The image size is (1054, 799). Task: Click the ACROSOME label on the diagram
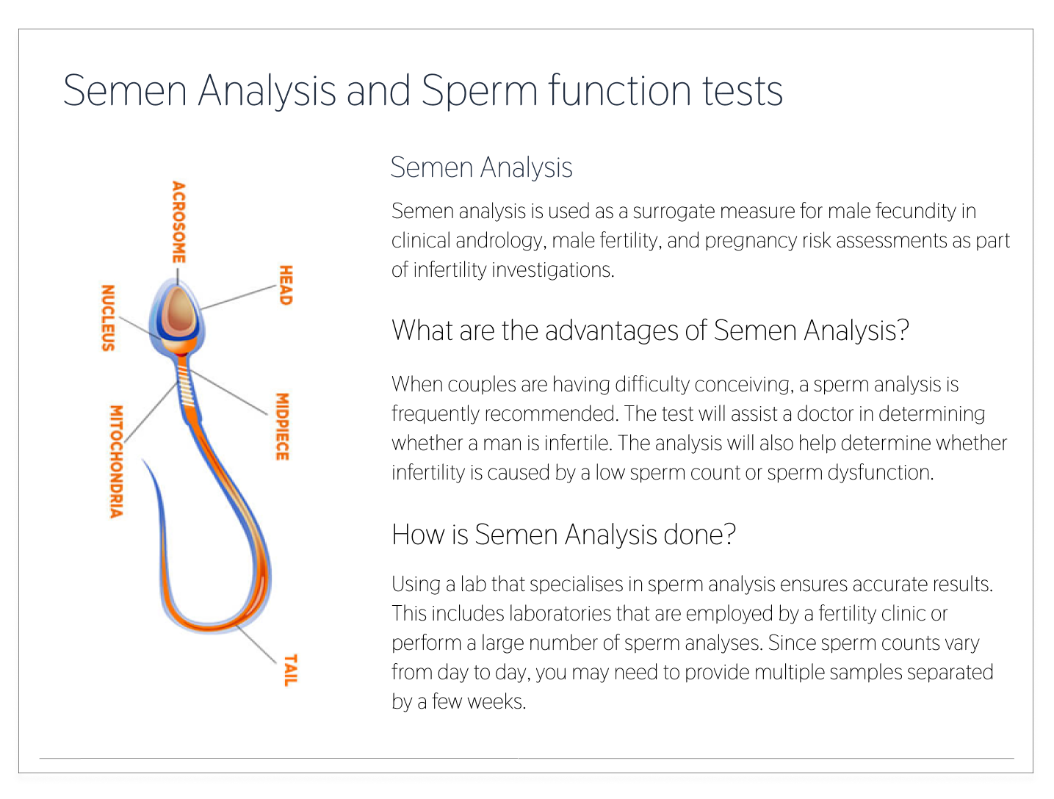178,223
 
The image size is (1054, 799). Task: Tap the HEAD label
286,285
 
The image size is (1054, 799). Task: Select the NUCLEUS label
108,318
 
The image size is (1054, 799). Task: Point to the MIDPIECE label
282,427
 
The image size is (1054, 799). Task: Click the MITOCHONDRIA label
116,462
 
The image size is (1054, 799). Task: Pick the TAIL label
291,670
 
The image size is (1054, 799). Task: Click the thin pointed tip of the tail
142,460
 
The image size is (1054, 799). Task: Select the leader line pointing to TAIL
256,644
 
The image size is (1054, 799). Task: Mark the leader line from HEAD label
238,297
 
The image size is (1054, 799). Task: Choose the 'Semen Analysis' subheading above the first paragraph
481,167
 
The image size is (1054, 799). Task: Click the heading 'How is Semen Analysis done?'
564,535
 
